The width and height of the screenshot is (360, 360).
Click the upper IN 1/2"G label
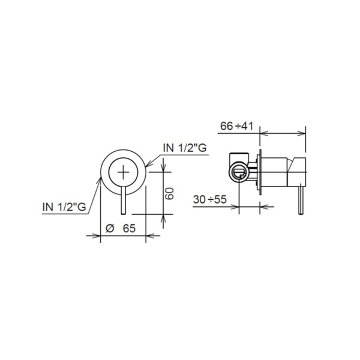(185, 148)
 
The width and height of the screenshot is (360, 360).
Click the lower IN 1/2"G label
(64, 207)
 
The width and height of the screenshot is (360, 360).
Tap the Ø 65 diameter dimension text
(121, 229)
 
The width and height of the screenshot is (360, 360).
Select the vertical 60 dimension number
(170, 193)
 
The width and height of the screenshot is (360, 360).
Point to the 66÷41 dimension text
(237, 126)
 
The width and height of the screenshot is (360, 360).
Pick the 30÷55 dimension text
(210, 199)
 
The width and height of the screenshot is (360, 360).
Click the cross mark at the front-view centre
(123, 172)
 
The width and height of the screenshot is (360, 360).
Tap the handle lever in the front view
(123, 200)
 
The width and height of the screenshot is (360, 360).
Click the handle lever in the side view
(301, 200)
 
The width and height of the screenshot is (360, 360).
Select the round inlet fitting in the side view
(239, 172)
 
